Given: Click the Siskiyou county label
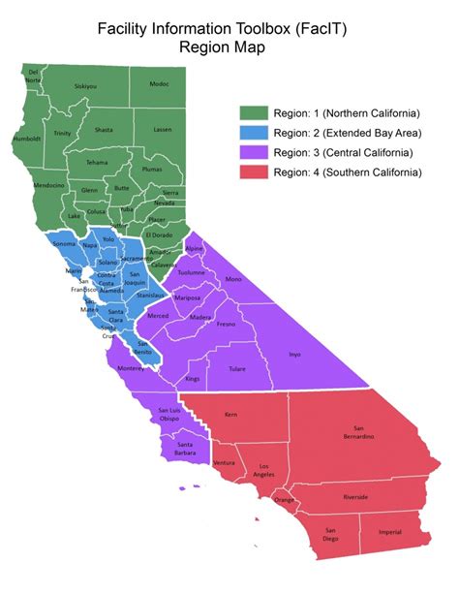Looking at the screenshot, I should point(85,86).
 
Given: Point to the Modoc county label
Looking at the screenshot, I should point(159,84).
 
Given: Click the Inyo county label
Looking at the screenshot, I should point(294,355).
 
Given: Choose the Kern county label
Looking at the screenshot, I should point(230,414).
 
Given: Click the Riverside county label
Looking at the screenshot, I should point(354,497).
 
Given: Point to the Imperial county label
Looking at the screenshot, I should point(390,532).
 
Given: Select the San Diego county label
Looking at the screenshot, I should point(330,535).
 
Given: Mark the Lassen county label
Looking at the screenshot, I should point(163,129).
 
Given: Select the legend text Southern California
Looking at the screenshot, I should point(375,172).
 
